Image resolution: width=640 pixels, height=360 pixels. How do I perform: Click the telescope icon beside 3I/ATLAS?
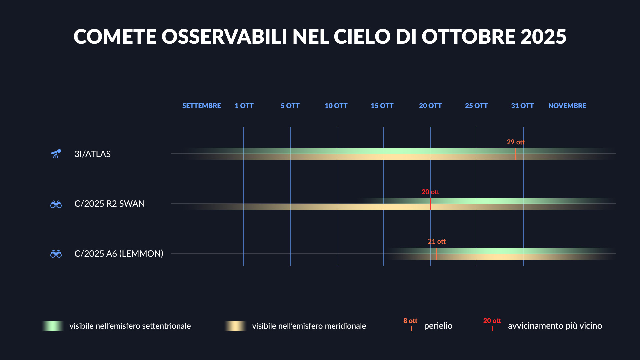pos(56,154)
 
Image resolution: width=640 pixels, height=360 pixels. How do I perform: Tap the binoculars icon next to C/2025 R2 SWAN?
pos(56,204)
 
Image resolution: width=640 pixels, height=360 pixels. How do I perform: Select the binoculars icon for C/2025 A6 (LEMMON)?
pos(56,254)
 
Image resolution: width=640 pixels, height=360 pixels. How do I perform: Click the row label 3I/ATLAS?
pos(92,154)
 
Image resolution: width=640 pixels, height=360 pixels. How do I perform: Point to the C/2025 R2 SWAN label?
pos(109,204)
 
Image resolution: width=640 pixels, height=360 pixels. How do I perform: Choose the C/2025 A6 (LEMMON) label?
pos(119,254)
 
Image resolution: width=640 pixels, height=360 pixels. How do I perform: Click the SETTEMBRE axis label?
pos(201,106)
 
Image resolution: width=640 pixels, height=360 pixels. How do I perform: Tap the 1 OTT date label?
pos(244,106)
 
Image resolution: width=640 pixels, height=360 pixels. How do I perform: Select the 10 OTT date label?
pos(336,106)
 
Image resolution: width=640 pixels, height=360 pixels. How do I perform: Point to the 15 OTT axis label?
pos(382,106)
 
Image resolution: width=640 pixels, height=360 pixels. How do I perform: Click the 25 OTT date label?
pos(476,106)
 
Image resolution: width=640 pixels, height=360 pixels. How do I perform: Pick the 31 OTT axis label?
pos(522,106)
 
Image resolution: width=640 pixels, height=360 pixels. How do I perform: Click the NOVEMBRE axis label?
pos(567,106)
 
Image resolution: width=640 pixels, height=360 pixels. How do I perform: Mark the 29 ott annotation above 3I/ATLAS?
pos(516,142)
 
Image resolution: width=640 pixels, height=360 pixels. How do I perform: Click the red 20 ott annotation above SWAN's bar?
pos(430,192)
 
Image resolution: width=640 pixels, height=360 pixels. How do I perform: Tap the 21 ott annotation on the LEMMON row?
pos(437,241)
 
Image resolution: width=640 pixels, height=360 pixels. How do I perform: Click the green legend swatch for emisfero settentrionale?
pos(53,326)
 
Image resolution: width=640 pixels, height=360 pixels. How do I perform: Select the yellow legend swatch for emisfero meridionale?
pos(236,326)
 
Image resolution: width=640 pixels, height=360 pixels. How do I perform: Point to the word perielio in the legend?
pos(438,326)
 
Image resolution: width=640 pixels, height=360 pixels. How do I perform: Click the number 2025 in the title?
pos(543,36)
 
